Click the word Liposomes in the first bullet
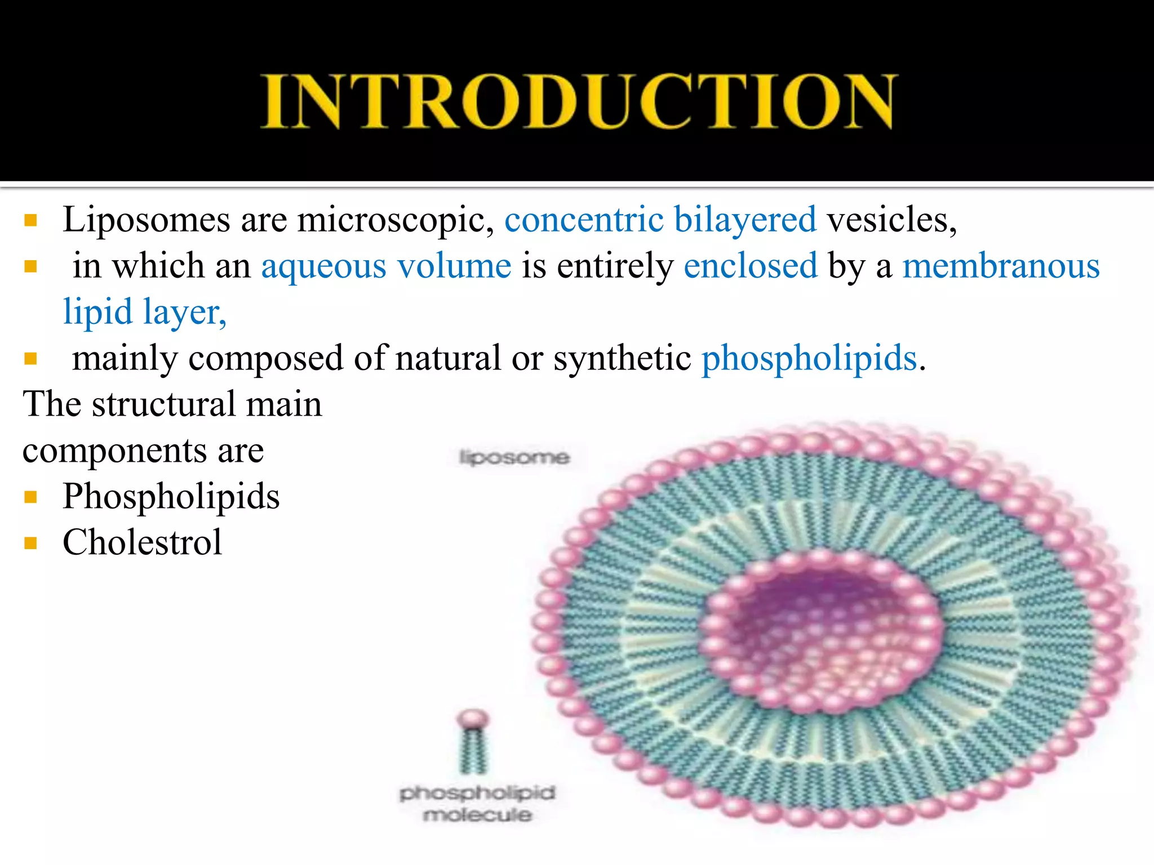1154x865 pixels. pyautogui.click(x=146, y=220)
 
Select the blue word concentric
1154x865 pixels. pyautogui.click(x=584, y=220)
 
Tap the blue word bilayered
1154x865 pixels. pyautogui.click(x=745, y=220)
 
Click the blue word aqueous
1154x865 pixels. pyautogui.click(x=323, y=266)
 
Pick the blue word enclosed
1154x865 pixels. pyautogui.click(x=750, y=266)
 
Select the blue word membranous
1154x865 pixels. pyautogui.click(x=1001, y=266)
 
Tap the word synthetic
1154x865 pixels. pyautogui.click(x=622, y=358)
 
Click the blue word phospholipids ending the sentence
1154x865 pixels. pyautogui.click(x=809, y=358)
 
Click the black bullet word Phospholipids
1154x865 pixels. pyautogui.click(x=171, y=497)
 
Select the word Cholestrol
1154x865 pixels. pyautogui.click(x=142, y=543)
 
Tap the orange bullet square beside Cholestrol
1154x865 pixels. pyautogui.click(x=31, y=543)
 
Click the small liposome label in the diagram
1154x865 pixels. pyautogui.click(x=514, y=457)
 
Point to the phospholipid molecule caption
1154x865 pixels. pyautogui.click(x=477, y=804)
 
